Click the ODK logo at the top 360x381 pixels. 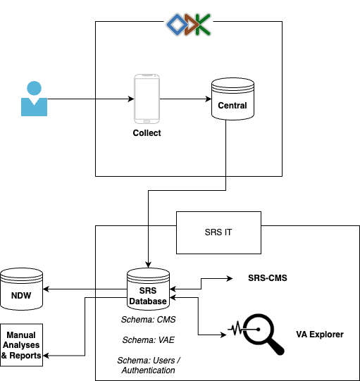coord(188,23)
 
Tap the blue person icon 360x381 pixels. coord(33,99)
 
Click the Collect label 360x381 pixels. coord(147,133)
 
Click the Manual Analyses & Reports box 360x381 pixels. coord(22,345)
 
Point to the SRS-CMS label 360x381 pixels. coord(268,278)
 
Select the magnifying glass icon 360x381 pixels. coord(257,329)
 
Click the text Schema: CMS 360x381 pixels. coord(148,320)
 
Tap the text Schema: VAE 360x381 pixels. coord(148,339)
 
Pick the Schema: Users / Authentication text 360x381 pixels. coord(148,365)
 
